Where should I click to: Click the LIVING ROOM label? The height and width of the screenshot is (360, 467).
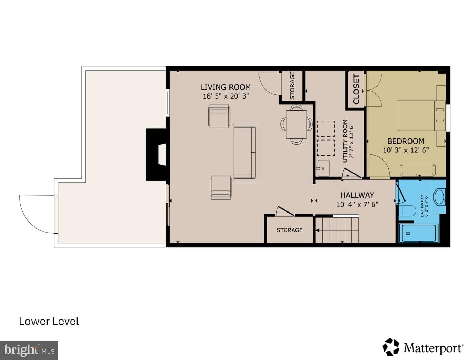226,87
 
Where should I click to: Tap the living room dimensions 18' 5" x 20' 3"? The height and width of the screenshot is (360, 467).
226,96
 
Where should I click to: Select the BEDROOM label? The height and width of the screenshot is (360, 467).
406,141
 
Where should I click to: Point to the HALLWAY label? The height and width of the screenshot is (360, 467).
357,195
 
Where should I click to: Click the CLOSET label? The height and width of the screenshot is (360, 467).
356,89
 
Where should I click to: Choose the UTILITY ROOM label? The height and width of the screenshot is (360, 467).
345,141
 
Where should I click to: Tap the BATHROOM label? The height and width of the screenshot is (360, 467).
422,206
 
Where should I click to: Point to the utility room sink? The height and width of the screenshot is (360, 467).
323,168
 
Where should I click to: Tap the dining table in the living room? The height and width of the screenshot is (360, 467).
296,124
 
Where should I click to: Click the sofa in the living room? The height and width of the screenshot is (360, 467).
245,152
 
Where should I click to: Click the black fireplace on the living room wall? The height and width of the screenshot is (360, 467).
158,154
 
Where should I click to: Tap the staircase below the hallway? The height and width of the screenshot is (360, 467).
337,230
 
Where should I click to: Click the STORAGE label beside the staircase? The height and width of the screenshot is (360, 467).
290,230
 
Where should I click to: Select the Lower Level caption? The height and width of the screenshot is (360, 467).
49,322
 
